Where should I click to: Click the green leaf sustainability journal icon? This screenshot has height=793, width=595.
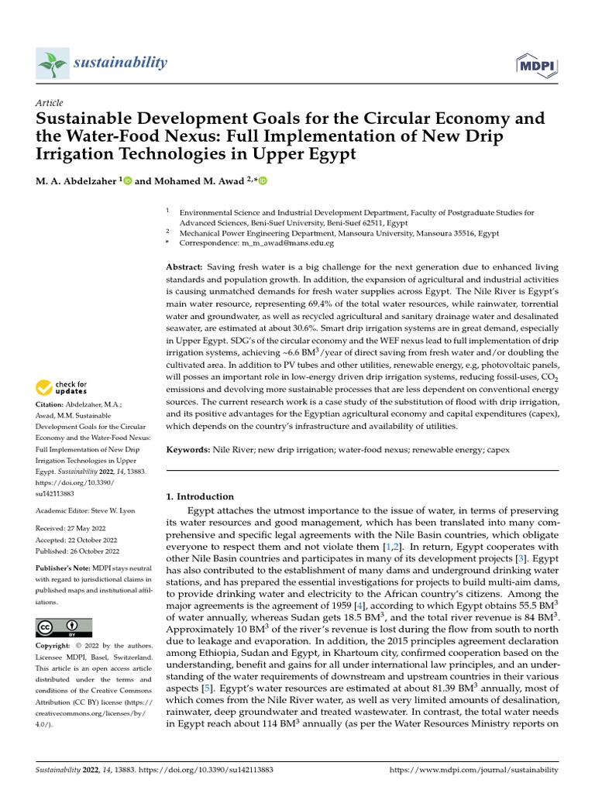tap(53, 63)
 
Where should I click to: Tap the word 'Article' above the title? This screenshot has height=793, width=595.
tap(50, 103)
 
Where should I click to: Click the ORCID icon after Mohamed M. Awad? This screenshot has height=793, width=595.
tap(263, 181)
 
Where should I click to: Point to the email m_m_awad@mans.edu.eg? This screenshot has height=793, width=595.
tap(288, 243)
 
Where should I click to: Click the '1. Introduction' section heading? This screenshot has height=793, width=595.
tap(201, 496)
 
